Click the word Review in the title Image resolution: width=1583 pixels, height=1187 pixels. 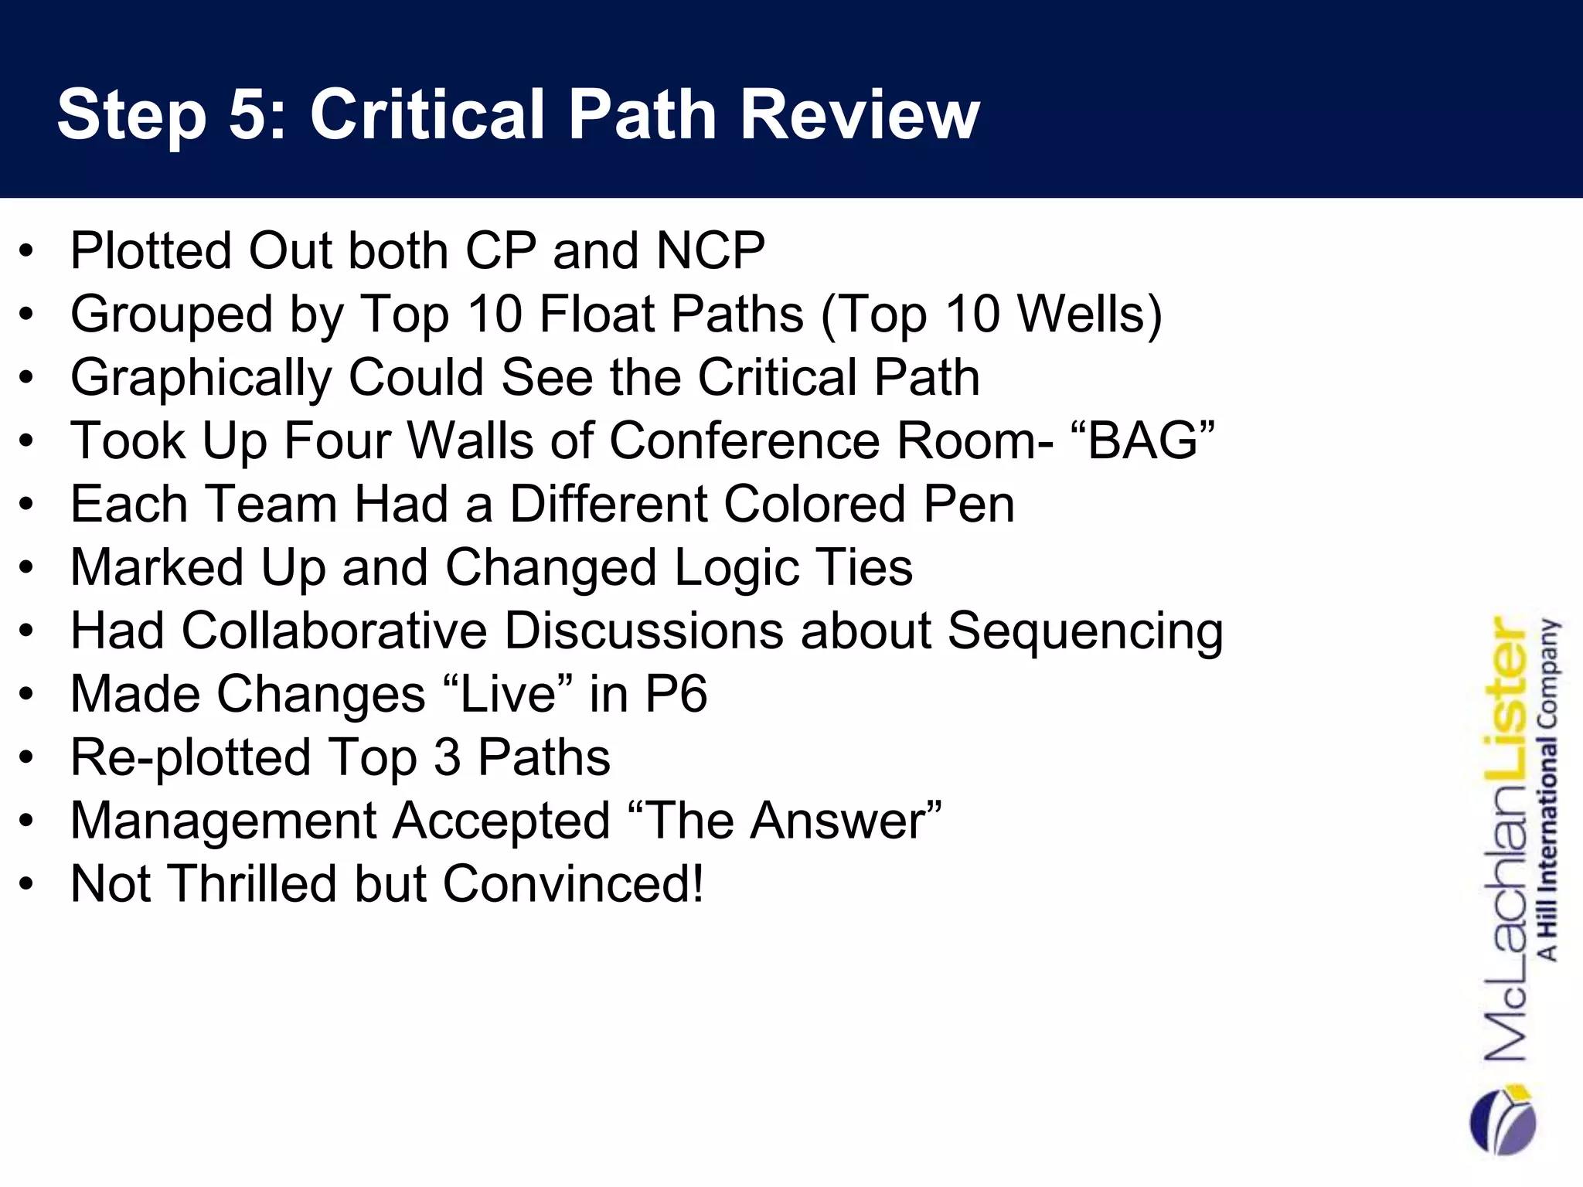(860, 114)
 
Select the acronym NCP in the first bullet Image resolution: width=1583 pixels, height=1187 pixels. (710, 251)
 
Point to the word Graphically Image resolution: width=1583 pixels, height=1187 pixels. (200, 378)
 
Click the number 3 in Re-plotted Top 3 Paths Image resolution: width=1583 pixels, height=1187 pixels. (448, 757)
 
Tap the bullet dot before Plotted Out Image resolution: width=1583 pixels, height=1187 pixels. (27, 253)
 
